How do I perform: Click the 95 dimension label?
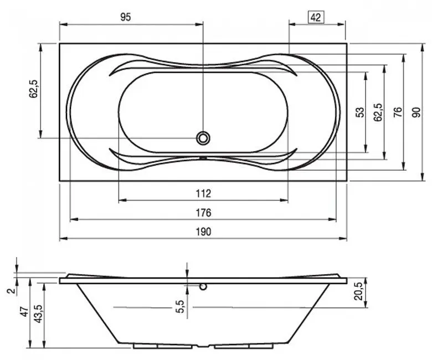coord(125,17)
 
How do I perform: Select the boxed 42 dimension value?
coord(316,18)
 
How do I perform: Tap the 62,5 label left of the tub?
coord(33,89)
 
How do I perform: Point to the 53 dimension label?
coord(360,112)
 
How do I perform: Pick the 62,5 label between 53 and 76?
coord(378,112)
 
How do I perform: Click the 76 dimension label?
coord(398,112)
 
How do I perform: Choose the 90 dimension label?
coord(416,112)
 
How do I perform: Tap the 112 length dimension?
coord(203,194)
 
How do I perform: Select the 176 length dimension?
coord(203,213)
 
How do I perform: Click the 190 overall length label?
coord(203,232)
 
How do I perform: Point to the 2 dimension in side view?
coord(11,291)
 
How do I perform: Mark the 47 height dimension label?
coord(24,311)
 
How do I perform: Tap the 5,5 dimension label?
coord(180,306)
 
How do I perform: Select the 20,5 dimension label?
coord(359,291)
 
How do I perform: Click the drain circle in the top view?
coord(203,138)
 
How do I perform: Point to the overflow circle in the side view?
coord(203,287)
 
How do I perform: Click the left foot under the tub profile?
coord(162,346)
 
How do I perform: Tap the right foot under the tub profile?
coord(244,346)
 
